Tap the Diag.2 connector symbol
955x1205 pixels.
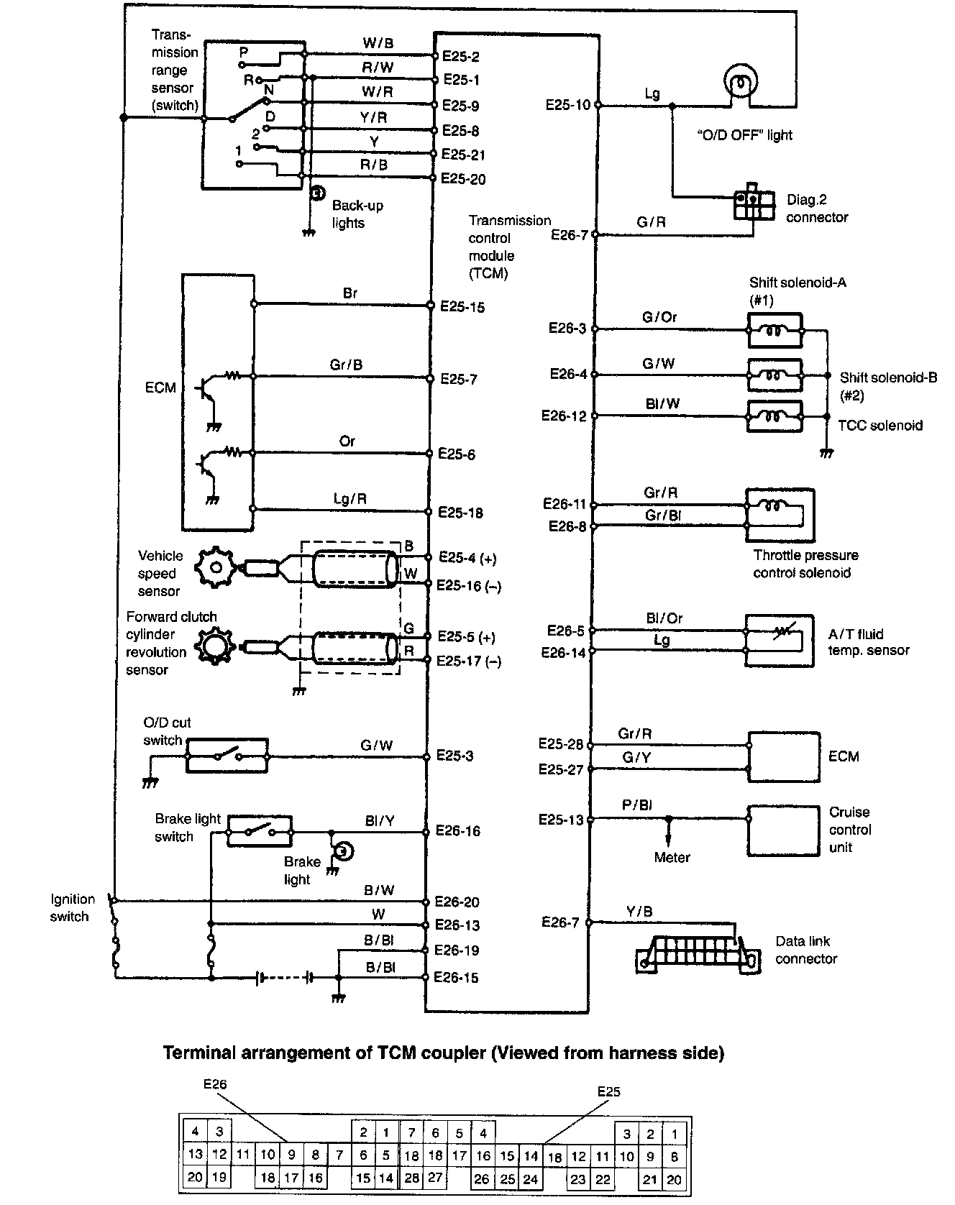pyautogui.click(x=754, y=206)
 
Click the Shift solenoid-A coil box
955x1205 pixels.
pyautogui.click(x=775, y=331)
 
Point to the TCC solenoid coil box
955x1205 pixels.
pyautogui.click(x=774, y=416)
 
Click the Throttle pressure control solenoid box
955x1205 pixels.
pyautogui.click(x=780, y=516)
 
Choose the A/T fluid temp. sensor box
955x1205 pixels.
pyautogui.click(x=780, y=642)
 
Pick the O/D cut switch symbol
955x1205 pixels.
pyautogui.click(x=227, y=756)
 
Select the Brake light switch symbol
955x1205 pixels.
pyautogui.click(x=260, y=831)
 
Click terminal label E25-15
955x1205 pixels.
pyautogui.click(x=462, y=307)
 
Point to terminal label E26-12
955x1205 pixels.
pyautogui.click(x=564, y=416)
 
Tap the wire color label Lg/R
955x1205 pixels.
pyautogui.click(x=350, y=498)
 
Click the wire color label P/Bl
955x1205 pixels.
pyautogui.click(x=637, y=805)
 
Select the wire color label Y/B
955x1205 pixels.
pyautogui.click(x=639, y=912)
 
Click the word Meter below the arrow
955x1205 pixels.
pyautogui.click(x=672, y=857)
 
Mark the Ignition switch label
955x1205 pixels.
pyautogui.click(x=72, y=907)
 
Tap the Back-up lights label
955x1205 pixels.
pyautogui.click(x=357, y=214)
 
